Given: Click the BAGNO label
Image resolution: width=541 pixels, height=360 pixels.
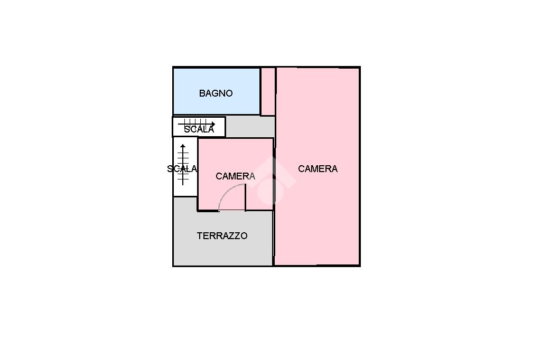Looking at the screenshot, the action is pos(216,93).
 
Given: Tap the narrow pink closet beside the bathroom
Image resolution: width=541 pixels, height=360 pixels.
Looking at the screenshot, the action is pos(268,91).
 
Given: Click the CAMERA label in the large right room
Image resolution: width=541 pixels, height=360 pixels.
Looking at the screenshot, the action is pos(318,169).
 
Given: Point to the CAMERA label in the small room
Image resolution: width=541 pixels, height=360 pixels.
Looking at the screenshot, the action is pos(235,176).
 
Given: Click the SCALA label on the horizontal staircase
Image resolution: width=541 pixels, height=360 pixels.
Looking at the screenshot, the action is pos(199,129).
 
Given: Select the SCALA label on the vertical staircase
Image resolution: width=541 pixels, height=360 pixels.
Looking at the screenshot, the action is pos(182,169).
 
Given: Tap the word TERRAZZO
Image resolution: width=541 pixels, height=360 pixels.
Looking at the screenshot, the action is pos(222,236).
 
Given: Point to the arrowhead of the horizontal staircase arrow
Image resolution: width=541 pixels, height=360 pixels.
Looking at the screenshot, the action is pos(212,125).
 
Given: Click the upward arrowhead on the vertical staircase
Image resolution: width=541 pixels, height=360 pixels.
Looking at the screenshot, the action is pos(183,146).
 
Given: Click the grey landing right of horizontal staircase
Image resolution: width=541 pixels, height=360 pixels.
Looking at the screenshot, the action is pos(249,127).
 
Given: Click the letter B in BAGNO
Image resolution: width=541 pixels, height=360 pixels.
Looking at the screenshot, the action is pos(202,93).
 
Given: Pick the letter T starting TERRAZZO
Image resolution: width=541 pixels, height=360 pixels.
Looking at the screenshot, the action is pos(200,236).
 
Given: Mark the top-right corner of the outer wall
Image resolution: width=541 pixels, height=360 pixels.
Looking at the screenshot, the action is pos(359,68).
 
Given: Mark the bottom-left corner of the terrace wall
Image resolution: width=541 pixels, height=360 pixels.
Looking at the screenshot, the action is pos(174,265).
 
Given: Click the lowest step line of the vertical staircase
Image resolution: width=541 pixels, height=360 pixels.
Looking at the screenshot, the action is pos(183,182).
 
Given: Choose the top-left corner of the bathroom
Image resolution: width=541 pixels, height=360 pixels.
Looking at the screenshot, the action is pos(174,68).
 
